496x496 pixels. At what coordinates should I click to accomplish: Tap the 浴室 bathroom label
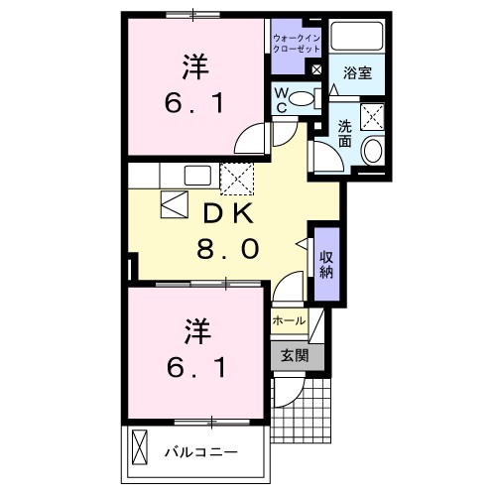coord(357,73)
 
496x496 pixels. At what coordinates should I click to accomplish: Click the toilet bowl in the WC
coord(310,97)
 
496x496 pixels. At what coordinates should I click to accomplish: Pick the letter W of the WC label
coord(281,92)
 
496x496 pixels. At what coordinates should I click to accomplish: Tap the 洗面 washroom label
coord(345,134)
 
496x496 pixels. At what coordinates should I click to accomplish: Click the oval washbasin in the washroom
coord(372,152)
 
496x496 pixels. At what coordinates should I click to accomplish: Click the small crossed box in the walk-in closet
coord(316,70)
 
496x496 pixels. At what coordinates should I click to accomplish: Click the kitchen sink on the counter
coord(196,176)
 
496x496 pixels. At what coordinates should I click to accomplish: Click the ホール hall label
coord(290,321)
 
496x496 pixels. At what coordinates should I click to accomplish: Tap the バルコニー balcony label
coord(200,451)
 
